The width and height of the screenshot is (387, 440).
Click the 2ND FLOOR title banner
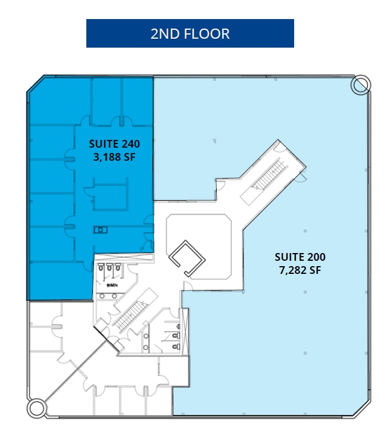coord(190,33)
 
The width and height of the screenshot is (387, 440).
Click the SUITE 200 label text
coord(299,257)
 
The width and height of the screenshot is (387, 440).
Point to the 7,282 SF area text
coord(299,270)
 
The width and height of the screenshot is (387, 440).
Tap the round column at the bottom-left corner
coord(35,408)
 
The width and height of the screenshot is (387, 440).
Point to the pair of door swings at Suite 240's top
coord(122,120)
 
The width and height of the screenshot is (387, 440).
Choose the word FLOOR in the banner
coord(208,33)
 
